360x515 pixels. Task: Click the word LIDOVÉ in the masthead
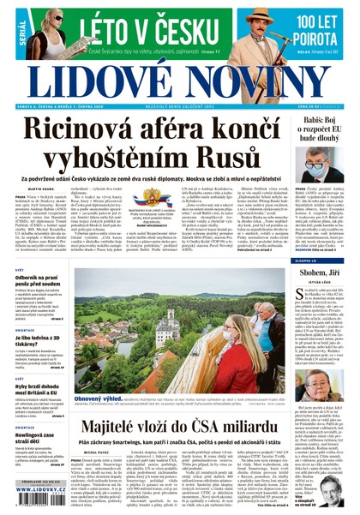point(96,79)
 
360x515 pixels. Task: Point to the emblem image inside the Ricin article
point(153,198)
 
